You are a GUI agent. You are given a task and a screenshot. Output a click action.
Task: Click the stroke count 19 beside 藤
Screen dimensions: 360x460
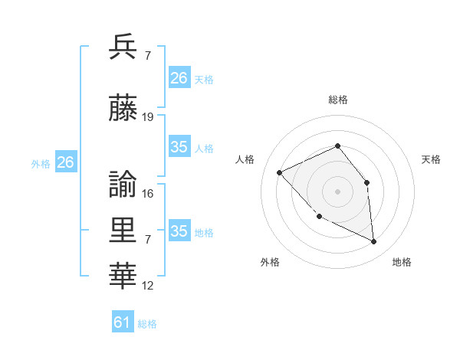pos(148,117)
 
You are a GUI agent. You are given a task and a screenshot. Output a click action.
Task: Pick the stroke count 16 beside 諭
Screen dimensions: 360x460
pos(148,193)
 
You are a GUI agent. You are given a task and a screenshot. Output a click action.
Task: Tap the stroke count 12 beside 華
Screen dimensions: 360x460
pos(148,286)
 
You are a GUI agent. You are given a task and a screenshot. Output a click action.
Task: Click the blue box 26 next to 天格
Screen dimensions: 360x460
pos(179,78)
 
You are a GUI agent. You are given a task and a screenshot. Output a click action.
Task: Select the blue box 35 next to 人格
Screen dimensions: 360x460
pos(179,147)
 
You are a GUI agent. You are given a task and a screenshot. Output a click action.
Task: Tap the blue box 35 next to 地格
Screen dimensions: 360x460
pos(179,231)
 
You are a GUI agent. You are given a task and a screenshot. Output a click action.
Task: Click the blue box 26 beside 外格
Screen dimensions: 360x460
pos(66,162)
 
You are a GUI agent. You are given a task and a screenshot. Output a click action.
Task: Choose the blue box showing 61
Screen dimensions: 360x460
pos(123,322)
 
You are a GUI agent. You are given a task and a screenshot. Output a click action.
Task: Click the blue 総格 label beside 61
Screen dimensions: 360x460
pos(147,324)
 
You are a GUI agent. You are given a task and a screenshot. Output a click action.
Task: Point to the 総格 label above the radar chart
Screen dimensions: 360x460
pos(338,100)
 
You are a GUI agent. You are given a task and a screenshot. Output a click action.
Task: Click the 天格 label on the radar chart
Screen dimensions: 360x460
pos(431,159)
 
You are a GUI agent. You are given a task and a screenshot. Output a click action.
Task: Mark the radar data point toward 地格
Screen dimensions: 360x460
pos(374,242)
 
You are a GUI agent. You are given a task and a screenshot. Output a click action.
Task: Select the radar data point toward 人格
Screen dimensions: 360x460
pos(280,172)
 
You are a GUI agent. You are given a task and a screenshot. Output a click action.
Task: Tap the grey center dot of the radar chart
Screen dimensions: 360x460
pos(337,191)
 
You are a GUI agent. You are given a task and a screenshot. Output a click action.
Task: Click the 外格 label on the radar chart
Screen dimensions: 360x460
pos(270,263)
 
